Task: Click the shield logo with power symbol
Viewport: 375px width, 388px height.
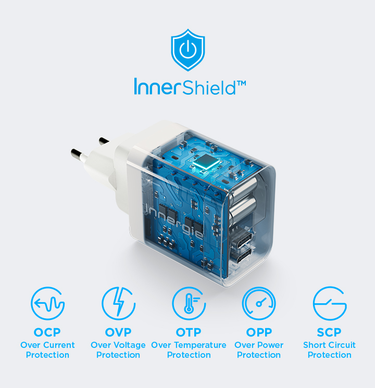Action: pos(188,50)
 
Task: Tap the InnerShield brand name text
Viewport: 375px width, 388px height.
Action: pos(185,87)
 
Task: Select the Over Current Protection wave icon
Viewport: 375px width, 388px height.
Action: pos(47,303)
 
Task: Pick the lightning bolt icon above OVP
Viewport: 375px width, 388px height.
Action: pos(118,303)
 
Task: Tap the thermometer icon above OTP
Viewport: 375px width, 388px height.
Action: pos(189,303)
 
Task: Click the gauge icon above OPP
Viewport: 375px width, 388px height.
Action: pos(259,303)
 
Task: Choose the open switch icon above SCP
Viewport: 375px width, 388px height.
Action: pos(330,303)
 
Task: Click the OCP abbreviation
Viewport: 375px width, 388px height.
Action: pos(47,332)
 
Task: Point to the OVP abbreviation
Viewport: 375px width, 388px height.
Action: pos(118,332)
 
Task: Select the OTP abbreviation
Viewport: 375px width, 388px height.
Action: pos(189,332)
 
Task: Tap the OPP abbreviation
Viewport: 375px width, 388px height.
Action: pos(259,332)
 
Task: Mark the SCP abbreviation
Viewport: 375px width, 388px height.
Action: pos(329,332)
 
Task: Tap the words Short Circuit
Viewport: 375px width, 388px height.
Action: pos(329,345)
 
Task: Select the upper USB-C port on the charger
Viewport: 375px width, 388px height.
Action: pos(242,240)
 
